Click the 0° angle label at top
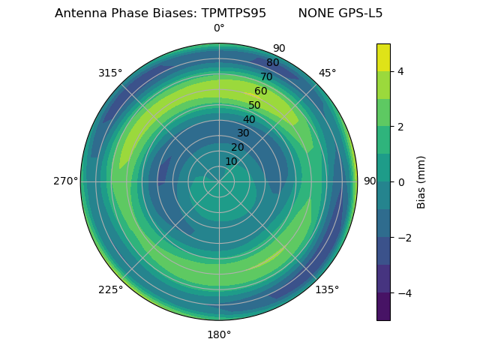[x=219, y=28]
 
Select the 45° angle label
[x=327, y=73]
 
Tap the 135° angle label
[x=327, y=289]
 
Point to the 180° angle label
[x=219, y=334]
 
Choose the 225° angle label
[x=110, y=289]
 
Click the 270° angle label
[x=65, y=181]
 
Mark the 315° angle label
[x=110, y=73]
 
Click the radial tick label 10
[x=231, y=161]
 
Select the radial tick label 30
[x=243, y=133]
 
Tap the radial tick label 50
[x=255, y=106]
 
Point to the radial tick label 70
[x=267, y=77]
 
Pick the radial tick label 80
[x=273, y=63]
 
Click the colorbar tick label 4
[x=401, y=71]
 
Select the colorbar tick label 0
[x=401, y=182]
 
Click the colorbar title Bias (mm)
[x=421, y=182]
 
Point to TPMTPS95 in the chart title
[x=234, y=13]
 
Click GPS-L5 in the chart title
[x=361, y=13]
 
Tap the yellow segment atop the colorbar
[x=383, y=57]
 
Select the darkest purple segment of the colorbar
[x=383, y=307]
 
